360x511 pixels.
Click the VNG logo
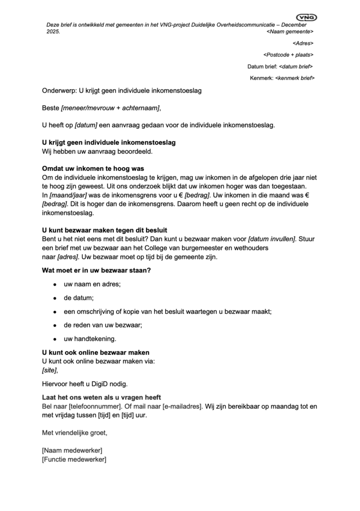coord(306,17)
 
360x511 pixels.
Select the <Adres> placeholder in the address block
coord(303,43)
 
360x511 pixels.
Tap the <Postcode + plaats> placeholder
coord(288,55)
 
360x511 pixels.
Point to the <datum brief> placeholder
coord(296,66)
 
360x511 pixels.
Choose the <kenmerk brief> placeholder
coord(294,78)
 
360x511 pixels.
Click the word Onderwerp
coord(58,91)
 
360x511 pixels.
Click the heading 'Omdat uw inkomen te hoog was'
coord(93,169)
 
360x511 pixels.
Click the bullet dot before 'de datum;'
coord(54,298)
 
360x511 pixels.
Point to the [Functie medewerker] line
coord(74,459)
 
